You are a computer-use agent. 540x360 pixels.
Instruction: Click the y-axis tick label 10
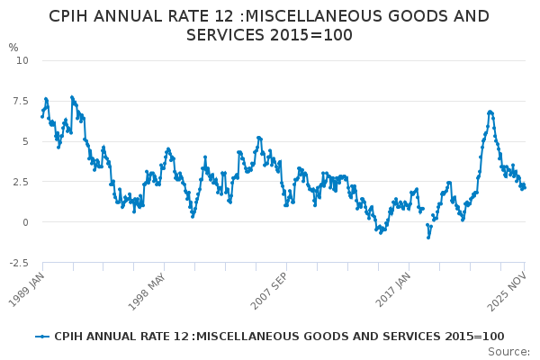[22, 60]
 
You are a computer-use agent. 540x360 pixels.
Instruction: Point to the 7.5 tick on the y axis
[21, 101]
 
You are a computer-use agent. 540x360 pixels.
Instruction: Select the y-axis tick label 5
[25, 141]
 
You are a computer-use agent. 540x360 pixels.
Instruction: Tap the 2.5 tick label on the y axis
[21, 182]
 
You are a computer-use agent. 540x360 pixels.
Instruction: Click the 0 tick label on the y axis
[25, 222]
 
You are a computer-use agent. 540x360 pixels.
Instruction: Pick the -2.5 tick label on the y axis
[19, 263]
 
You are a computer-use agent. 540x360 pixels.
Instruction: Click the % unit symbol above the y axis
[13, 48]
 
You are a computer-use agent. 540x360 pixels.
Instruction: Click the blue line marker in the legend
[42, 336]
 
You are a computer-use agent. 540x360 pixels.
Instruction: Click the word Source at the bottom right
[509, 352]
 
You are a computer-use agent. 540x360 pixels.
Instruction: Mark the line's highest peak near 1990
[71, 97]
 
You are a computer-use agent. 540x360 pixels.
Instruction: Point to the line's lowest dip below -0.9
[428, 238]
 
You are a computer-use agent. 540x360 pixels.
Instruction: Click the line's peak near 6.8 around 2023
[490, 112]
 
